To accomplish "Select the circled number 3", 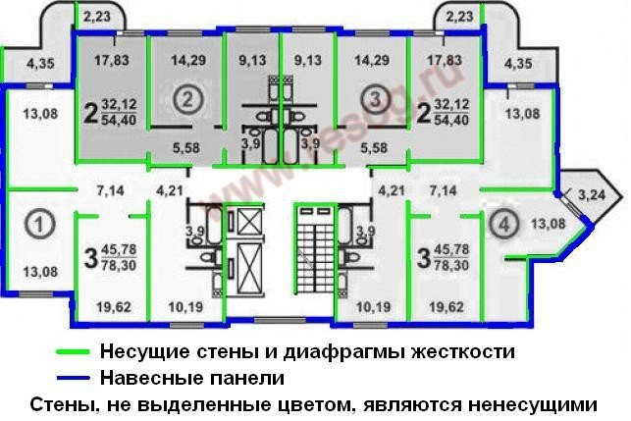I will (372, 98).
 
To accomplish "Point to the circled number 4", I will (502, 223).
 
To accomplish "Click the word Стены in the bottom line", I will (62, 403).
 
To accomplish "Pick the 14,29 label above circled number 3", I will (373, 58).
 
